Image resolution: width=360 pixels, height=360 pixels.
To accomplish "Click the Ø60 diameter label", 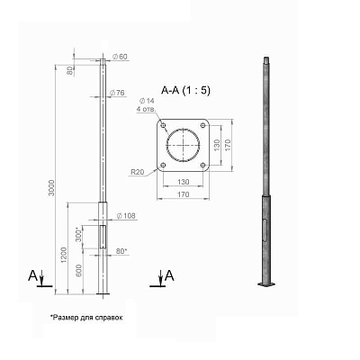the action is tap(120, 57).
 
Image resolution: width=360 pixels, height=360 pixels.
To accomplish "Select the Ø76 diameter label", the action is tap(117, 93).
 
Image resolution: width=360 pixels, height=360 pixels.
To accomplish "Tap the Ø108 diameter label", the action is tap(126, 216).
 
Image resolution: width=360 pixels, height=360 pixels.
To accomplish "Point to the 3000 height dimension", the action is tap(51, 188).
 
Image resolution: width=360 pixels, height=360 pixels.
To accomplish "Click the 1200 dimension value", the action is tap(64, 256).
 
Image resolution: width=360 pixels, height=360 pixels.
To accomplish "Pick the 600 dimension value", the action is tap(78, 271).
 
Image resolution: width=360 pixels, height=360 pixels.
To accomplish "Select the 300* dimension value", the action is tap(79, 235).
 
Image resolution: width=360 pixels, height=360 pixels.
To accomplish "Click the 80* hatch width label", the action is tap(121, 251).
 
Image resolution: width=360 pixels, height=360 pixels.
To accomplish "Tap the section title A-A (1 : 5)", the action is tap(185, 90).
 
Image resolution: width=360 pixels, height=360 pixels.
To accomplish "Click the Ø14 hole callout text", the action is tap(147, 101).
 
